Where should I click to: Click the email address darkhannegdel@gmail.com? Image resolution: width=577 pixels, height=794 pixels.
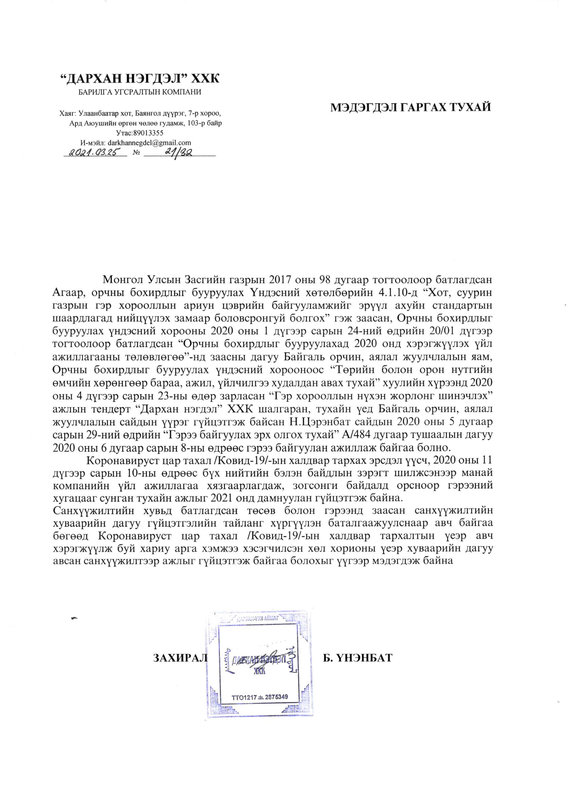tap(149, 143)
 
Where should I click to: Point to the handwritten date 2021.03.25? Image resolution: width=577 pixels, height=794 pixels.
tap(95, 152)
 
